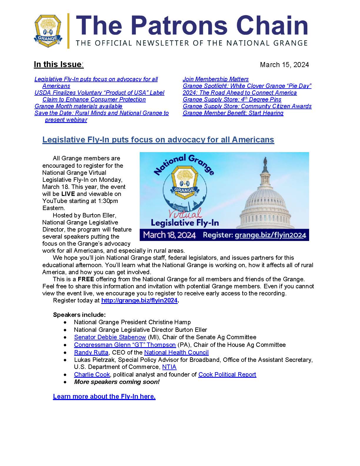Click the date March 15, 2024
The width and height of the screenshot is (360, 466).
click(x=284, y=65)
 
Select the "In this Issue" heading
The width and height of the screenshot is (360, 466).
click(x=58, y=64)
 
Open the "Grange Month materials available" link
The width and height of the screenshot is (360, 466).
click(x=78, y=106)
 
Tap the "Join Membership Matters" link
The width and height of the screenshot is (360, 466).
click(x=216, y=79)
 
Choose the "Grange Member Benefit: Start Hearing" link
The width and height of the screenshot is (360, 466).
click(x=233, y=113)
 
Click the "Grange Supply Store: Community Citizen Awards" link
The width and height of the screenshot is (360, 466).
click(x=247, y=106)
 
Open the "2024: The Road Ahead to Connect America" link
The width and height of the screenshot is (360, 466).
click(x=240, y=93)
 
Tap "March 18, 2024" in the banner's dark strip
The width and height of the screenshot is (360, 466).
click(x=169, y=235)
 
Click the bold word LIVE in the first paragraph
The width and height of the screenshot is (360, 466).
click(x=68, y=194)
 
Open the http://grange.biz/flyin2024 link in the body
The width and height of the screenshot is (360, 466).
click(x=139, y=300)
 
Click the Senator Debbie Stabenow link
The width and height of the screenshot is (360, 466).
click(x=110, y=337)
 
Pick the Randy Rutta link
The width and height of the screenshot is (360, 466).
click(x=91, y=352)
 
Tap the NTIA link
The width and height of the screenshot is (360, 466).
click(x=169, y=367)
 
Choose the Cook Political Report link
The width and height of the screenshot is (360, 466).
click(x=227, y=375)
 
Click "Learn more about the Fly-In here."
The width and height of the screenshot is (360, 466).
click(x=104, y=397)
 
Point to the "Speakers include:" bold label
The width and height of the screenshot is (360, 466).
click(x=79, y=315)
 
